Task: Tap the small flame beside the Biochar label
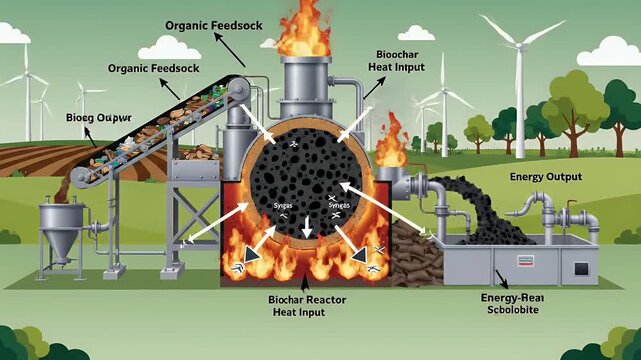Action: pos(391,150)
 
